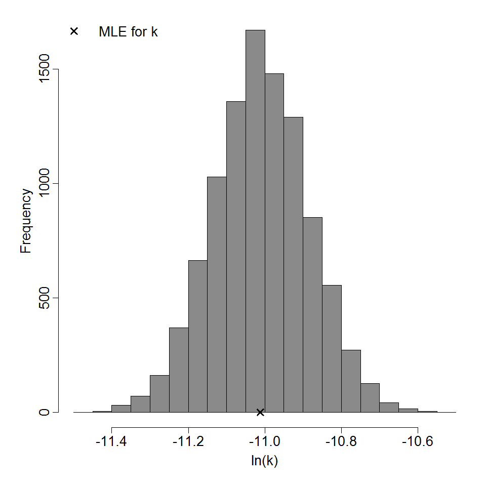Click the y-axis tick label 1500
click(45, 69)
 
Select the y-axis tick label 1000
click(45, 183)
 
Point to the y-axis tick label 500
click(45, 298)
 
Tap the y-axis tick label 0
click(45, 412)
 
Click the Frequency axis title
click(26, 221)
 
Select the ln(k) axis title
click(265, 461)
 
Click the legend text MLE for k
click(128, 31)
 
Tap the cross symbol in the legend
click(74, 31)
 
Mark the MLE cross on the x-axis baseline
click(260, 412)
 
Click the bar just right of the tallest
click(274, 243)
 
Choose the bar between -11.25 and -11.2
click(179, 370)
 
